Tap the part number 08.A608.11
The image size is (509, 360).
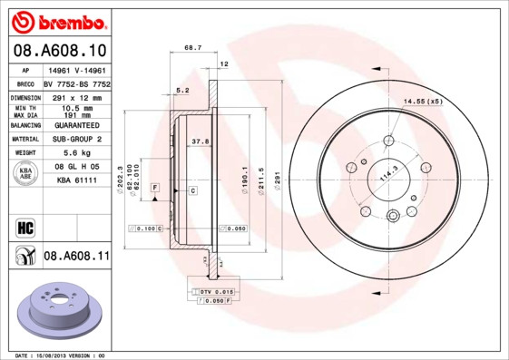[x=76, y=257]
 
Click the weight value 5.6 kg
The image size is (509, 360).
[x=76, y=153]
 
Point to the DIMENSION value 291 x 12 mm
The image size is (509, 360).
[x=76, y=96]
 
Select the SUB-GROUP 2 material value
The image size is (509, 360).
[x=76, y=140]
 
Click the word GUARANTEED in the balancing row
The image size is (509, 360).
[x=76, y=126]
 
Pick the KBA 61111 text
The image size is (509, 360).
[x=76, y=180]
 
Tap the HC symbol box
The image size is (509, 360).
[x=24, y=226]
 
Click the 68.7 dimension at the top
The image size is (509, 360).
[x=192, y=47]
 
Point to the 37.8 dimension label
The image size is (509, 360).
[x=201, y=141]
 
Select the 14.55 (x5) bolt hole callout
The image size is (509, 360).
[x=422, y=101]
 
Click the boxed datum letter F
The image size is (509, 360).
[x=155, y=187]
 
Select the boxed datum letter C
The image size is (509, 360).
[x=192, y=190]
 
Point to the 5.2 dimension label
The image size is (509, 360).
[x=181, y=90]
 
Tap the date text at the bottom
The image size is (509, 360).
[x=61, y=355]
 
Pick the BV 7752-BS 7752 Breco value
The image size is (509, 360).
[x=76, y=83]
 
